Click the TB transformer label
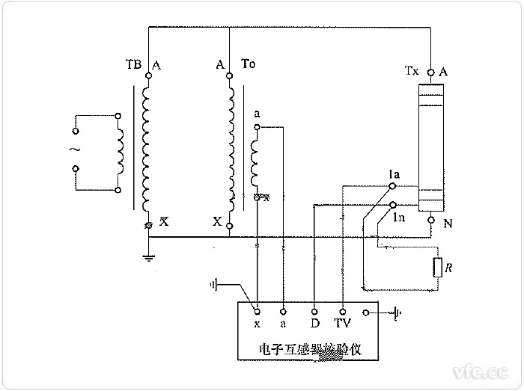coord(133,65)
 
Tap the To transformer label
coord(249,65)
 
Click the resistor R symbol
coord(436,267)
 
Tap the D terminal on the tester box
coord(314,324)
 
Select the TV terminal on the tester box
coord(342,324)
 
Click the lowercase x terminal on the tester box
coord(257,324)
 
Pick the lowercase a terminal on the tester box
coord(284,324)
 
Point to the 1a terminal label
coord(394,175)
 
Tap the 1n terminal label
coord(400,218)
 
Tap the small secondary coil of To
coord(256,160)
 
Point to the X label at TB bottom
coord(165,223)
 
